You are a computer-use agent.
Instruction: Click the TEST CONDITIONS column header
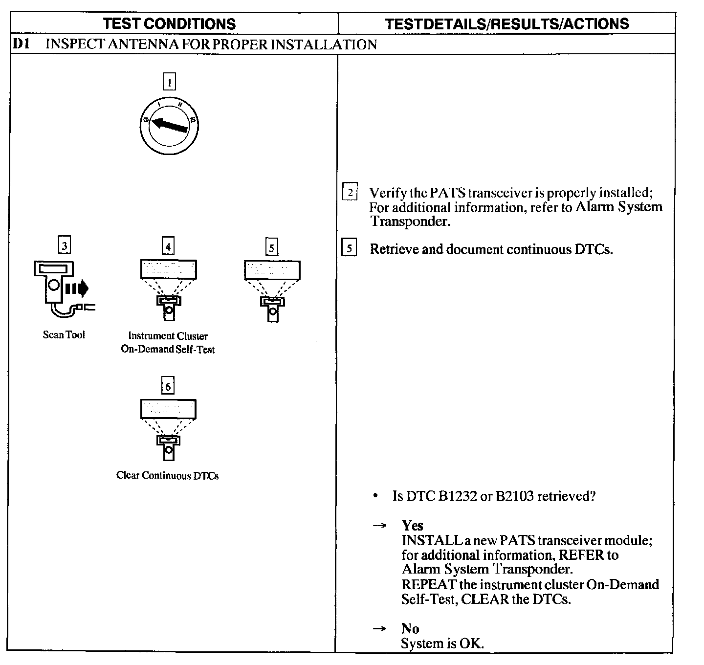(170, 23)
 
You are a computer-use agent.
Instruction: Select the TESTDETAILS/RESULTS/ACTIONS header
(507, 23)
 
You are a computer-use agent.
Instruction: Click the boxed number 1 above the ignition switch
(169, 83)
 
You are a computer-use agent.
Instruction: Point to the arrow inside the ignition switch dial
(169, 125)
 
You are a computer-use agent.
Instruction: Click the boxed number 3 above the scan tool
(64, 244)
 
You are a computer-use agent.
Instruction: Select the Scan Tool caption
(64, 335)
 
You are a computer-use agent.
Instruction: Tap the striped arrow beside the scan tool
(76, 288)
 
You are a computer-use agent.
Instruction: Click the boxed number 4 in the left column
(168, 246)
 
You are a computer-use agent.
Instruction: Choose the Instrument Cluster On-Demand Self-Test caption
(168, 342)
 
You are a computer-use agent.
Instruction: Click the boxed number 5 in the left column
(271, 247)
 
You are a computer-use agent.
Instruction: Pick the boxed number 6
(168, 386)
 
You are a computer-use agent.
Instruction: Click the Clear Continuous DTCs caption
(167, 475)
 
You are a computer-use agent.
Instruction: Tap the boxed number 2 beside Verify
(350, 192)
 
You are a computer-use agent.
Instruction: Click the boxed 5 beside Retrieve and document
(349, 248)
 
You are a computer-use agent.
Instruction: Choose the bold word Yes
(412, 526)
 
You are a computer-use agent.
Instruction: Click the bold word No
(410, 628)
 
